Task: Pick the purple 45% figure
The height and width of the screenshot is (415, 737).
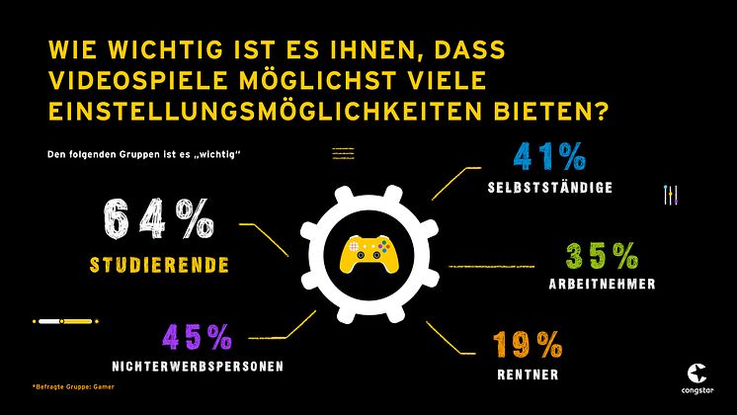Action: (x=199, y=338)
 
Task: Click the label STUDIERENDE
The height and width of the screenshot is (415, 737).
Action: (x=158, y=265)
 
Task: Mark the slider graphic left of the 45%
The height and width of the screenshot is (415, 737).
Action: (x=66, y=322)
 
